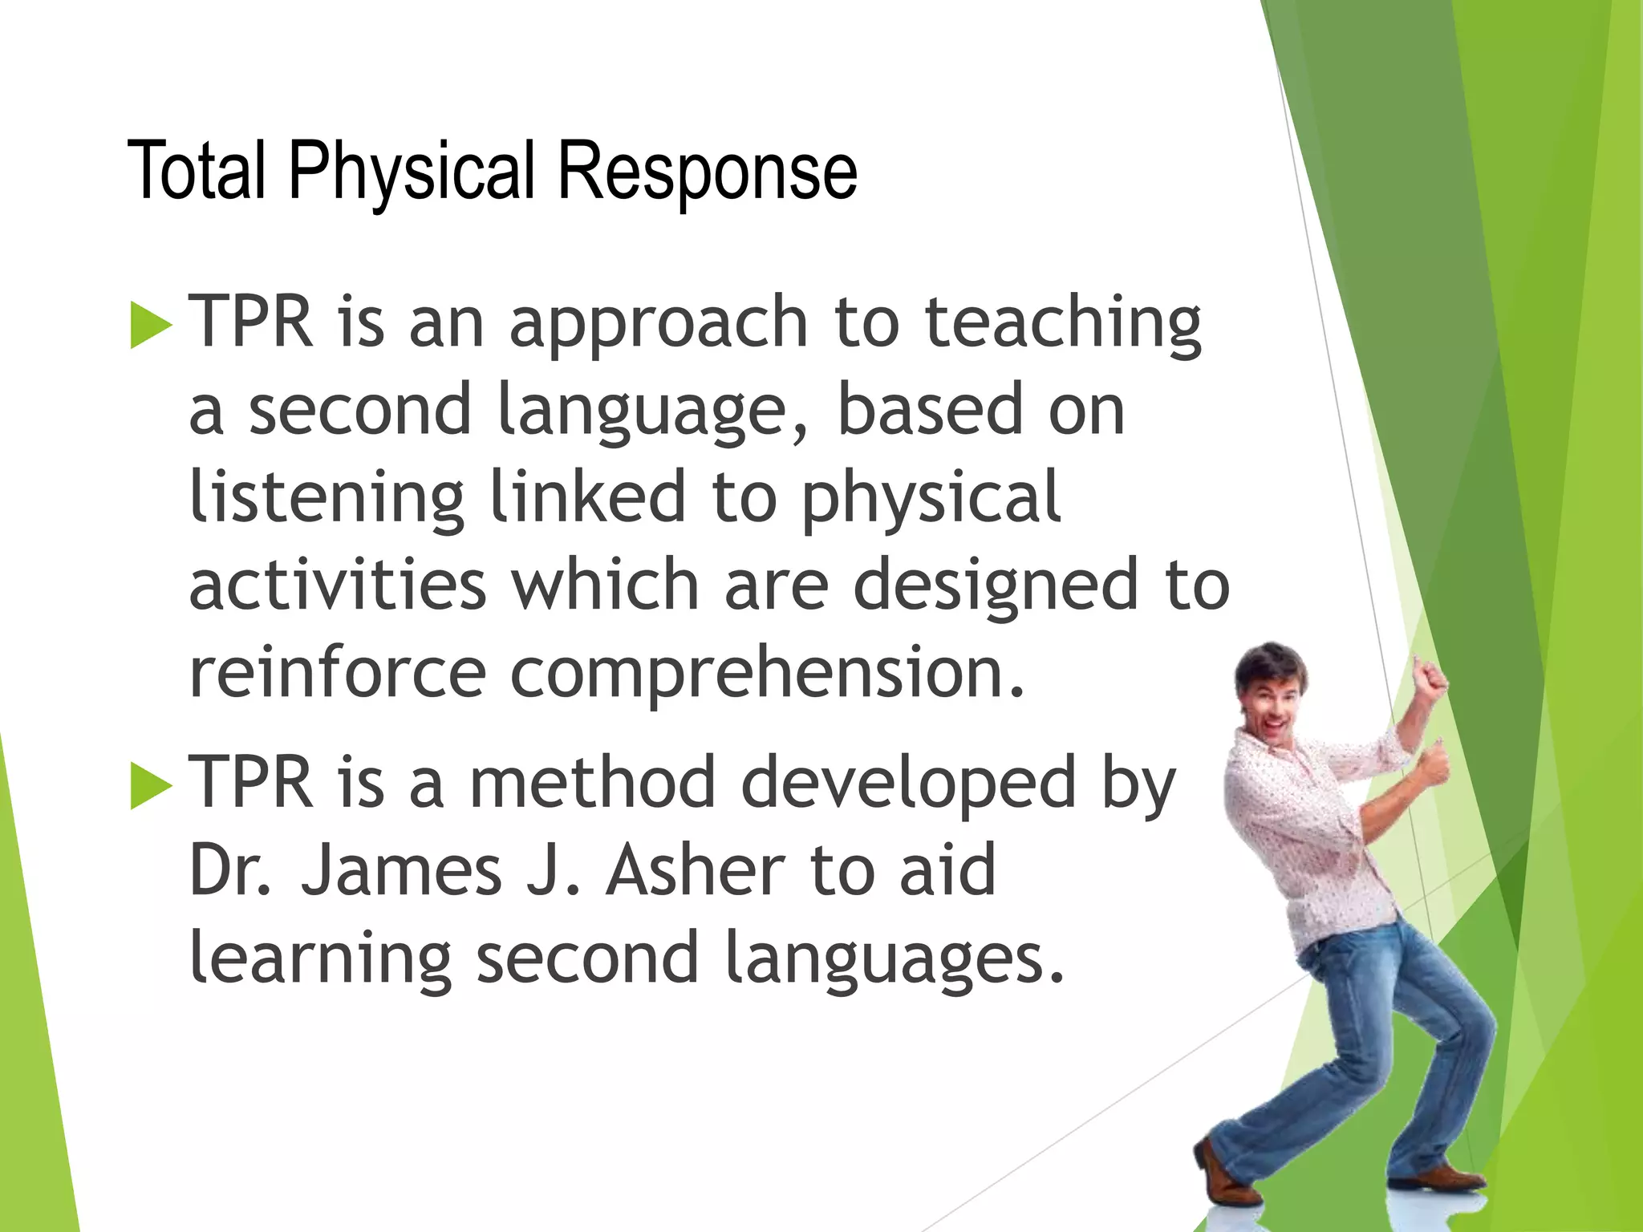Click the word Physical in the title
[x=411, y=171]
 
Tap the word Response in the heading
[x=707, y=171]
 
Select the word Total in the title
[x=197, y=171]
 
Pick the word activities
[x=337, y=586]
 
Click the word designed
[x=995, y=586]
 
